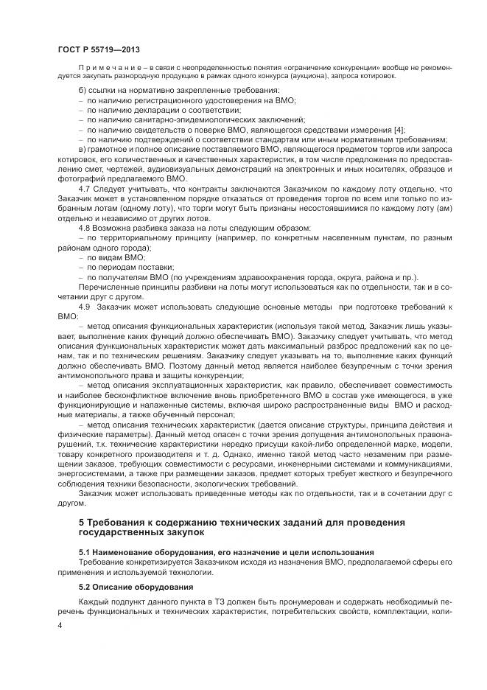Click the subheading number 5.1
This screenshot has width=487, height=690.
coord(84,551)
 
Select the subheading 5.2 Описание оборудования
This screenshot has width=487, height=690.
coord(136,587)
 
